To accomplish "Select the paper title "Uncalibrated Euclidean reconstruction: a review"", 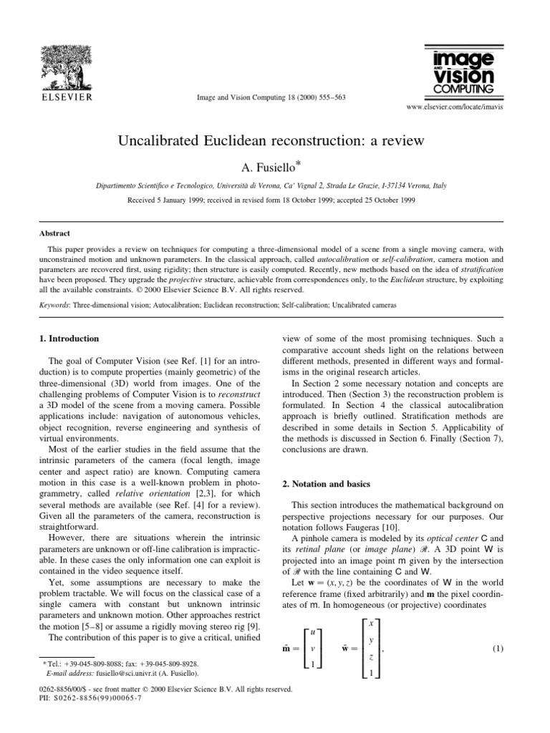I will point(276,140).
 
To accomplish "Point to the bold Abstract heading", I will point(51,233).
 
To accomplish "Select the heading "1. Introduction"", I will point(68,338).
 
